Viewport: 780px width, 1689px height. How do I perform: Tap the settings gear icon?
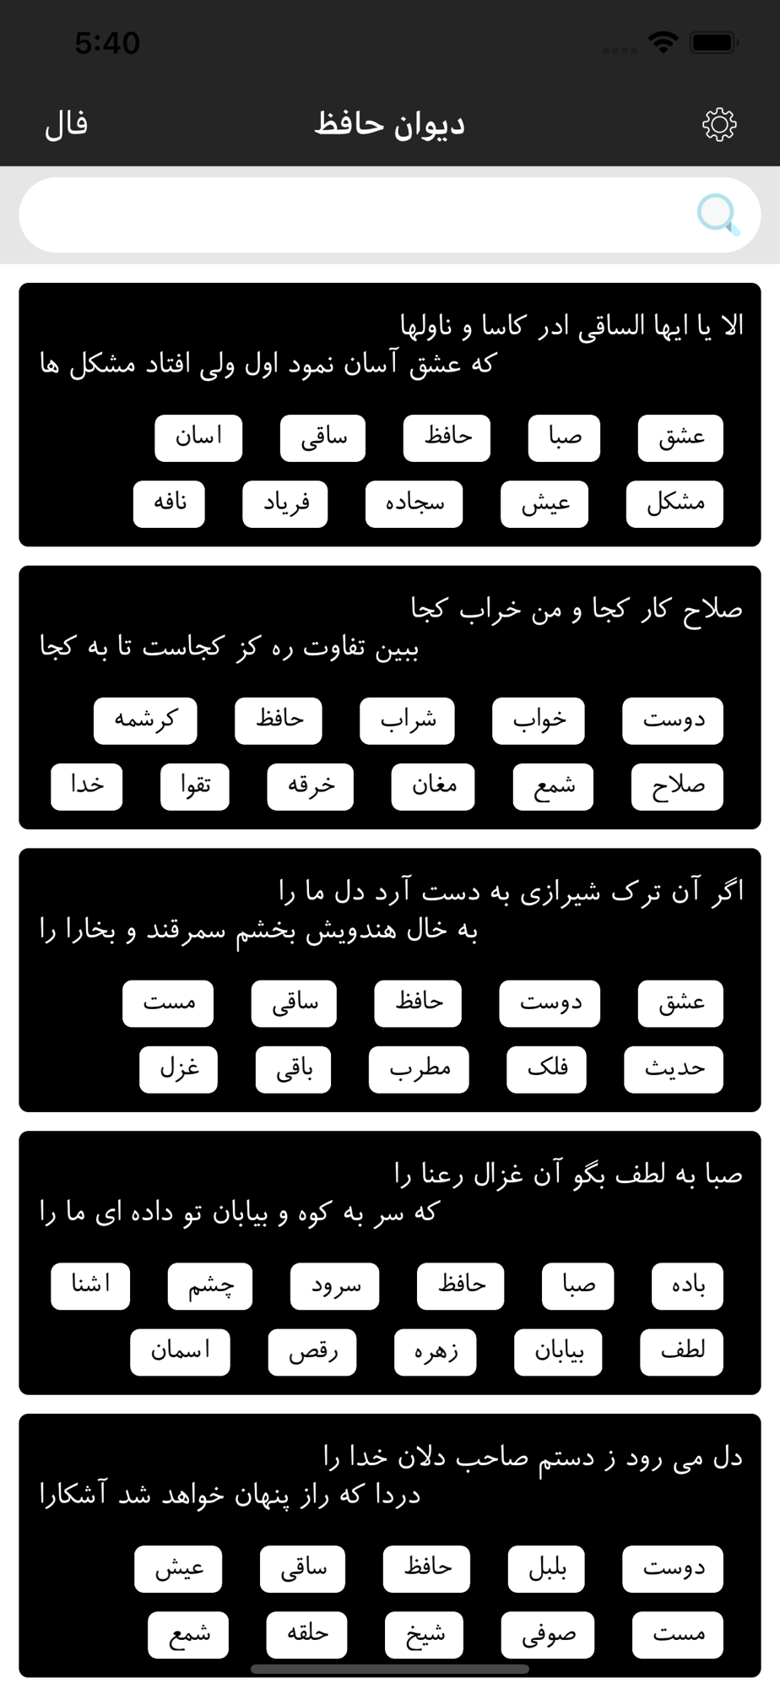pyautogui.click(x=719, y=125)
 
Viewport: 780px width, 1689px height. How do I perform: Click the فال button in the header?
pyautogui.click(x=67, y=125)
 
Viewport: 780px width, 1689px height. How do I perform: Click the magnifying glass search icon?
pyautogui.click(x=718, y=215)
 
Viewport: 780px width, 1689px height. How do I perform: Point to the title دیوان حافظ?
pyautogui.click(x=389, y=125)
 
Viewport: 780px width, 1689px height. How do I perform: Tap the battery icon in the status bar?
pyautogui.click(x=714, y=42)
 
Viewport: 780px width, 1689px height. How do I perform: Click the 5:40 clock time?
pyautogui.click(x=107, y=43)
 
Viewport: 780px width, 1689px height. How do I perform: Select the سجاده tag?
pyautogui.click(x=414, y=504)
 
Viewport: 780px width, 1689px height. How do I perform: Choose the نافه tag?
pyautogui.click(x=169, y=504)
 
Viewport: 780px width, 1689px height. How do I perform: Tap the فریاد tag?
pyautogui.click(x=285, y=504)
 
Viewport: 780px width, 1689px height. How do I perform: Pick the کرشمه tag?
pyautogui.click(x=145, y=720)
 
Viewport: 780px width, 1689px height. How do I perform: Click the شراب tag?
pyautogui.click(x=407, y=720)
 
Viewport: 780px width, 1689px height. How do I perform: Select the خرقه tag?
pyautogui.click(x=310, y=786)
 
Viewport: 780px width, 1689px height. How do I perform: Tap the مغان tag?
pyautogui.click(x=433, y=786)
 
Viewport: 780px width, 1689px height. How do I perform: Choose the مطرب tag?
pyautogui.click(x=419, y=1069)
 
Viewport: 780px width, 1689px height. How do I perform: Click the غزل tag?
pyautogui.click(x=178, y=1069)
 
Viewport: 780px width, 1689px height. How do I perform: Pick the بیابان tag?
pyautogui.click(x=559, y=1352)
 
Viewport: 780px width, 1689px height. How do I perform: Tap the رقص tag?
pyautogui.click(x=312, y=1352)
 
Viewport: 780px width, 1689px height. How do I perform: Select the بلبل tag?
pyautogui.click(x=546, y=1568)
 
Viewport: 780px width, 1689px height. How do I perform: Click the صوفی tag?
pyautogui.click(x=548, y=1634)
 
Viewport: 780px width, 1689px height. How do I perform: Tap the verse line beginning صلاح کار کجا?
pyautogui.click(x=576, y=609)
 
